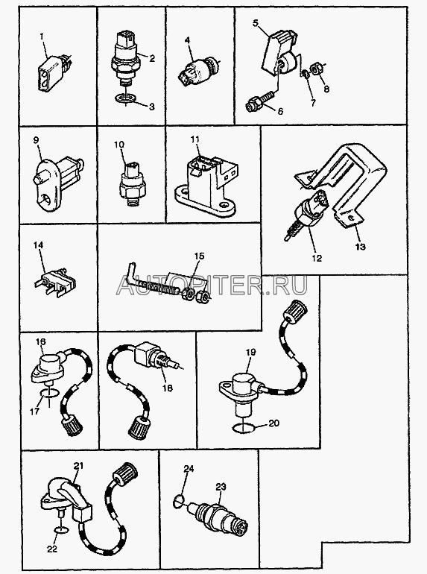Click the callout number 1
click(x=41, y=37)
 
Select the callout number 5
click(x=256, y=23)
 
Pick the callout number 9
click(x=36, y=140)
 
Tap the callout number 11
click(x=195, y=139)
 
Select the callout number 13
click(x=361, y=246)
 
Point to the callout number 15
click(x=200, y=256)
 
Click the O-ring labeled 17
click(x=48, y=393)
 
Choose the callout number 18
click(x=168, y=388)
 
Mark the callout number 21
click(x=79, y=466)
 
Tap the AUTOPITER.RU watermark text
click(x=212, y=285)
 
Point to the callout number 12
click(x=317, y=258)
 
